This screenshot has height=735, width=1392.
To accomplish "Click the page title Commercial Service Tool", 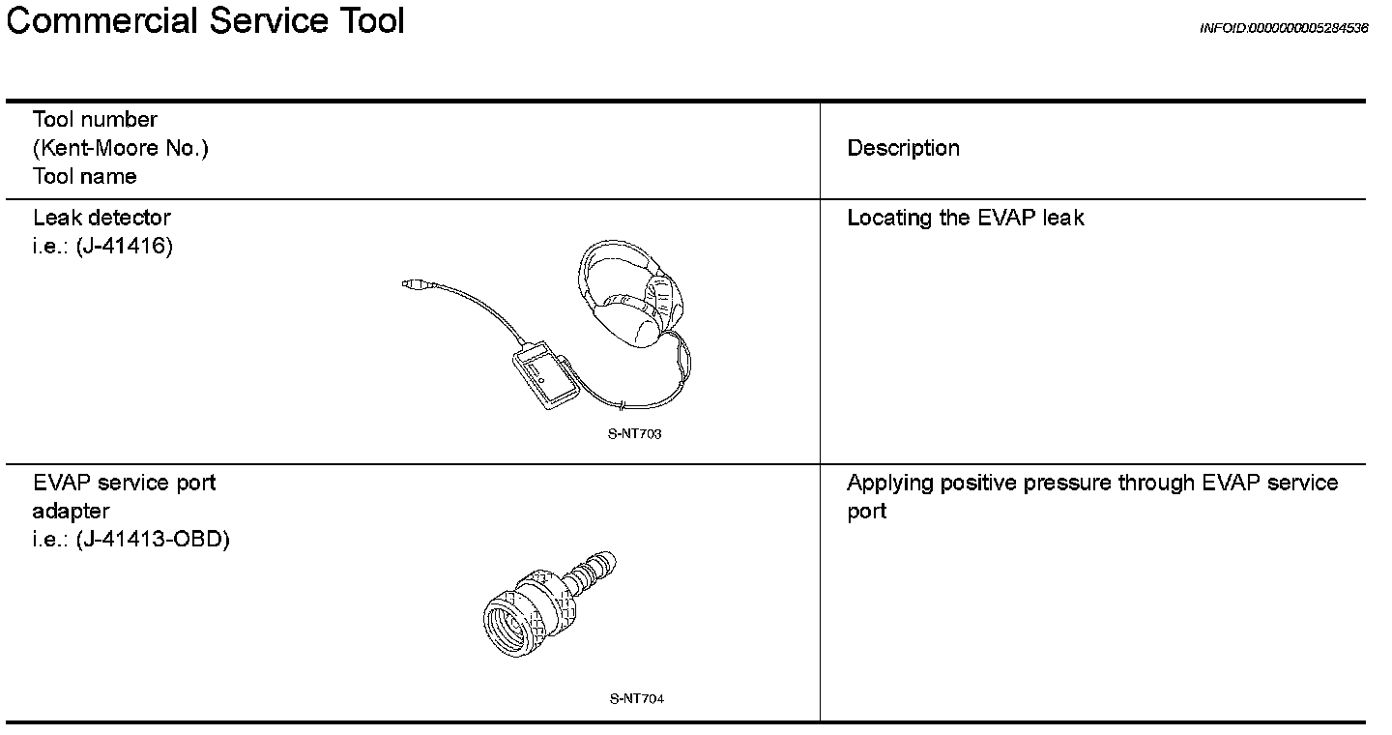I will [205, 21].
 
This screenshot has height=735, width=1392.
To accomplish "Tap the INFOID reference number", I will [1283, 28].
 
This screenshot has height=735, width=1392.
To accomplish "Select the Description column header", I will [903, 148].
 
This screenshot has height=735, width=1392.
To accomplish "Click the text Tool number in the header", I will [95, 120].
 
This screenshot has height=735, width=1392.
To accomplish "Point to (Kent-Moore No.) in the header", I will [120, 148].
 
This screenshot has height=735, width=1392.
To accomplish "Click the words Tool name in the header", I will [84, 176].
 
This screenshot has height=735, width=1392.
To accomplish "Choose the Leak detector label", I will [101, 218].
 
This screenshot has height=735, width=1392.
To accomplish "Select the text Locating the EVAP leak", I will [965, 218].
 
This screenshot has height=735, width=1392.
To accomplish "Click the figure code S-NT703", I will [634, 434].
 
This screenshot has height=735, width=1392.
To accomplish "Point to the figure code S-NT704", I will [636, 699].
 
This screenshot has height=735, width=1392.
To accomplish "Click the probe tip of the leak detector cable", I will [411, 284].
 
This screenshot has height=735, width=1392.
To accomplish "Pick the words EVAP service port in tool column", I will [124, 483].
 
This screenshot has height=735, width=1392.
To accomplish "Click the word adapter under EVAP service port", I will [71, 511].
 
